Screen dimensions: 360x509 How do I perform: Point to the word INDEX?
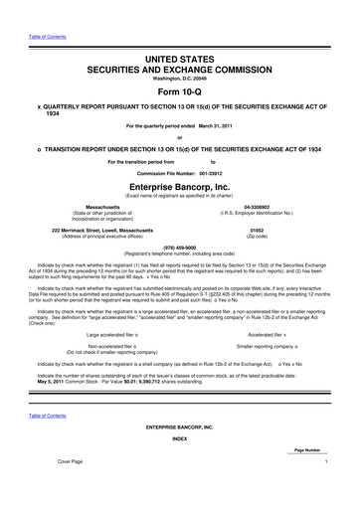[180, 465]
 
